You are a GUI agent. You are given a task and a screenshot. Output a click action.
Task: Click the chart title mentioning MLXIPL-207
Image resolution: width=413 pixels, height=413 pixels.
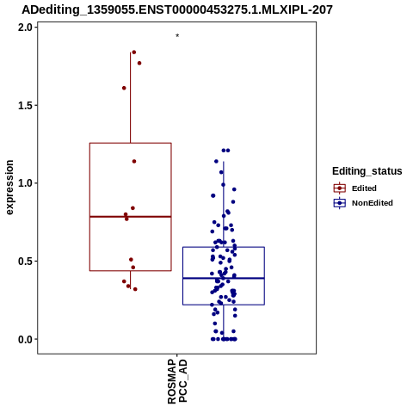tap(177, 9)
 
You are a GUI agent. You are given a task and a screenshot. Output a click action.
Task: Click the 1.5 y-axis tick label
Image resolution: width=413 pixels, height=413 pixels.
tap(24, 106)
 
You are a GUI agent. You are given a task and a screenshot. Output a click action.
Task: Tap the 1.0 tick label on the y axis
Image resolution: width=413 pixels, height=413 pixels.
tap(24, 183)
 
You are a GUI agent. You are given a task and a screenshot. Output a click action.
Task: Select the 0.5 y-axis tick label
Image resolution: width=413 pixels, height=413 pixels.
tap(24, 262)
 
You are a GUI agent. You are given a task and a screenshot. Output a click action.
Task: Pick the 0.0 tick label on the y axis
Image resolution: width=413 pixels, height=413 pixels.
tap(24, 339)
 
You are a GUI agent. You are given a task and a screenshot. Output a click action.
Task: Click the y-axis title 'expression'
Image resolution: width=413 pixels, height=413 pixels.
tap(9, 188)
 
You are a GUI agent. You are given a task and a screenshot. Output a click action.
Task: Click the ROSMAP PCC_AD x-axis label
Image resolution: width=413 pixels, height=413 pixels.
tap(177, 381)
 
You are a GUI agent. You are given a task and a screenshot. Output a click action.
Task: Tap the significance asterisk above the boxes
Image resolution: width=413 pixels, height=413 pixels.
tap(177, 35)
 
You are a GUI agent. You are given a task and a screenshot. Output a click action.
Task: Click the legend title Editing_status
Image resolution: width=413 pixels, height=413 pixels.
tap(367, 171)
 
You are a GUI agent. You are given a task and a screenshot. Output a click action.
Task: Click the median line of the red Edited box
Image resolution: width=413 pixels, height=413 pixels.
tap(131, 217)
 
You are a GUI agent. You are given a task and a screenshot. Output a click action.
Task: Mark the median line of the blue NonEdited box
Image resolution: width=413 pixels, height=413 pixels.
tap(224, 278)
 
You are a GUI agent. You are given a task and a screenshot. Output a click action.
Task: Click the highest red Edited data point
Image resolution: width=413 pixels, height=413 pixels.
tap(134, 52)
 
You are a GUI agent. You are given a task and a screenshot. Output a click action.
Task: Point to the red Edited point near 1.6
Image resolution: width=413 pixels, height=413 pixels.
tap(124, 88)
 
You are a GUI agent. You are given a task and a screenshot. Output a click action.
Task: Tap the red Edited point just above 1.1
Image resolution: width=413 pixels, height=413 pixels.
tap(134, 162)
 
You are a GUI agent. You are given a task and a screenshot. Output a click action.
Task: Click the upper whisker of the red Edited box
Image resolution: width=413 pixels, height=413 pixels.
tap(131, 97)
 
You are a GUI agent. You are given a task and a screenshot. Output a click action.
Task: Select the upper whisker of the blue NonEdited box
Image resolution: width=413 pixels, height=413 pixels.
tap(224, 204)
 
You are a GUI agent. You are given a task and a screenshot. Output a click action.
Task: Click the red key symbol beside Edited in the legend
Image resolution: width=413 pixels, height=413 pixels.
tap(340, 188)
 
